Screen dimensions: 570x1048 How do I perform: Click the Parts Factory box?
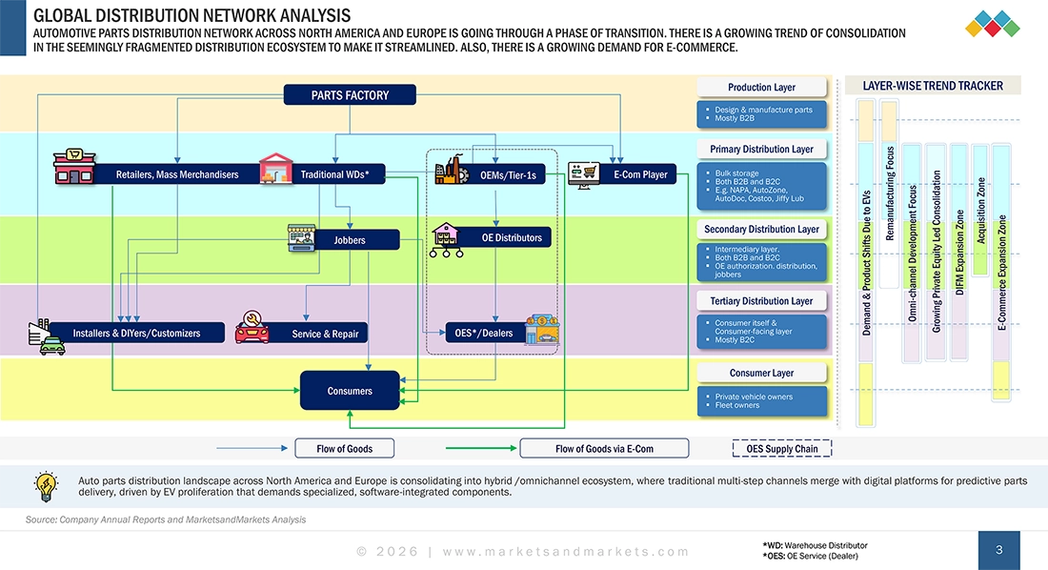click(x=350, y=94)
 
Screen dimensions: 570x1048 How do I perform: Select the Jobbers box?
click(x=350, y=240)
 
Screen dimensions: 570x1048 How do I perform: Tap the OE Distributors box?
click(x=512, y=237)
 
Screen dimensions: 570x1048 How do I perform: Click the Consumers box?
click(x=350, y=391)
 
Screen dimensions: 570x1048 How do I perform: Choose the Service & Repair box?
click(x=325, y=334)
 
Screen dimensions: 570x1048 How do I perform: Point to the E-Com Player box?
click(x=640, y=174)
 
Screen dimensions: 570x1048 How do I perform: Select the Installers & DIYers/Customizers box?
click(x=136, y=333)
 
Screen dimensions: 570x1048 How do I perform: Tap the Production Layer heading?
click(x=761, y=88)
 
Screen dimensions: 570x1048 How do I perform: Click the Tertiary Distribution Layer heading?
click(x=761, y=301)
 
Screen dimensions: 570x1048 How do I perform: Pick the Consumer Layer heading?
click(x=761, y=373)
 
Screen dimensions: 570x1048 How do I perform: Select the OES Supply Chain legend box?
click(x=781, y=448)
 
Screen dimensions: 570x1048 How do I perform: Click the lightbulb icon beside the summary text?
click(x=46, y=487)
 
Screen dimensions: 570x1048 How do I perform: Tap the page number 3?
click(x=998, y=550)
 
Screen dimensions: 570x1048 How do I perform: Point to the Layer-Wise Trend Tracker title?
click(x=932, y=86)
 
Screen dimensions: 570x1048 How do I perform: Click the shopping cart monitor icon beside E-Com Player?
click(x=583, y=173)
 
